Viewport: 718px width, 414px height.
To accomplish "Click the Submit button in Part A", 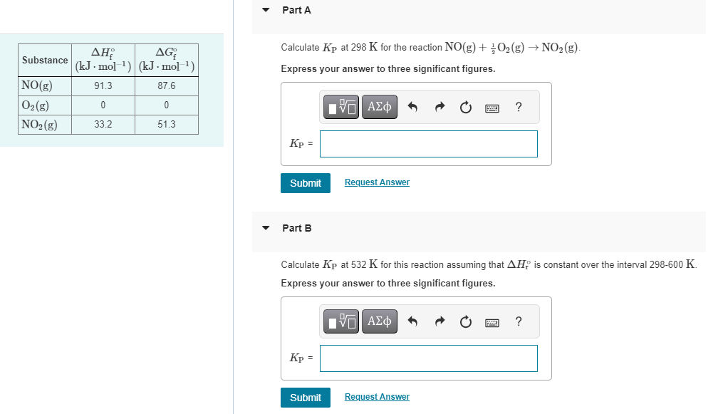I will [x=306, y=183].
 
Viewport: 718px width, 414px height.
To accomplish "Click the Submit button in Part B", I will [x=306, y=398].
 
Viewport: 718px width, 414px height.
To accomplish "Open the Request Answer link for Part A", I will [x=377, y=182].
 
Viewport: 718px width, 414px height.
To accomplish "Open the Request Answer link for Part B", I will [x=377, y=397].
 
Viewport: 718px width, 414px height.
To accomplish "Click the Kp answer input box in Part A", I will [x=428, y=144].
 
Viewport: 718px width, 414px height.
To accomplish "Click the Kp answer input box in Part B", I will [x=428, y=358].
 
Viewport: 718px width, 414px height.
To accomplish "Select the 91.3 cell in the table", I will [x=103, y=86].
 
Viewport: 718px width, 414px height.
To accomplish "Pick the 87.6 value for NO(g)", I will [x=167, y=86].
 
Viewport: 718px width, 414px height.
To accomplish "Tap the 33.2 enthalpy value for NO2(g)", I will [x=103, y=124].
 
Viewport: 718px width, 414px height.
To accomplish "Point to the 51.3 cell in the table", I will [x=167, y=124].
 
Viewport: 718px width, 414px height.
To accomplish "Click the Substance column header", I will [x=45, y=61].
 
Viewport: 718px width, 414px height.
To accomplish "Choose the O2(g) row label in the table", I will [x=36, y=105].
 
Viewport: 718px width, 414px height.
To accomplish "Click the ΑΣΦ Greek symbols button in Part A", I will [x=379, y=108].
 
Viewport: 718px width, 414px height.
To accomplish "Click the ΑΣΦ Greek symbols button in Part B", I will [x=379, y=322].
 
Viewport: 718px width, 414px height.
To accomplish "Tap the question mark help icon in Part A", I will [x=519, y=108].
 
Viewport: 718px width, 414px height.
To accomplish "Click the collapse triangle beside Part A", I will [x=266, y=11].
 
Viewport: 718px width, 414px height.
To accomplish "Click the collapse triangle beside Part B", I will [x=266, y=229].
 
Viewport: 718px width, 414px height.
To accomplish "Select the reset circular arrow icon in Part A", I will [x=466, y=108].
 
